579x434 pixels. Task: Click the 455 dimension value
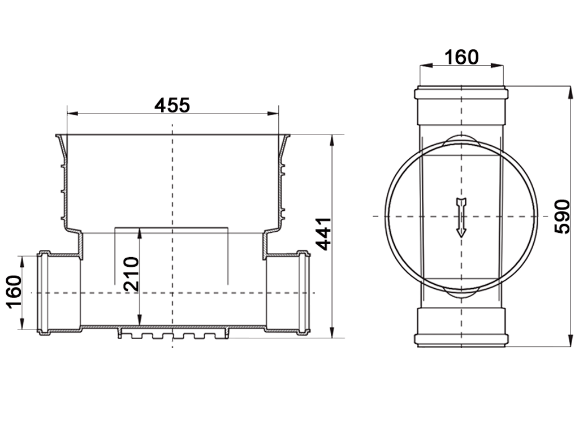click(x=172, y=105)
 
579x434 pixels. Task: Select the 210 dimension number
click(x=131, y=274)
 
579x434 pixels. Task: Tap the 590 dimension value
click(x=561, y=216)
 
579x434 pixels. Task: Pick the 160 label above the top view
click(x=461, y=57)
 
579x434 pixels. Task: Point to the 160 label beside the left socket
click(x=14, y=293)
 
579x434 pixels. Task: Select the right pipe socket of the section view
click(x=303, y=292)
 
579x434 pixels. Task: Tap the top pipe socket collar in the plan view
click(x=461, y=93)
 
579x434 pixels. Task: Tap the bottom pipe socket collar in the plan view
click(x=461, y=340)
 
